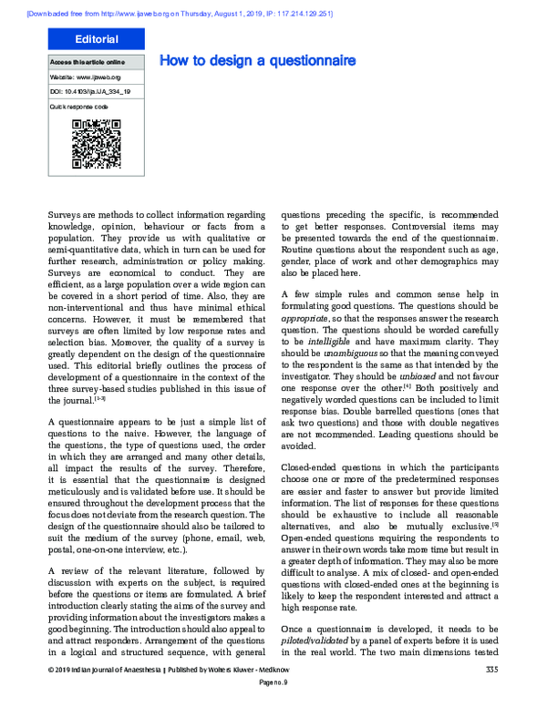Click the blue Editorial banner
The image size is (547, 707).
click(x=97, y=39)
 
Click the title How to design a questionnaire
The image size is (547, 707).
click(x=257, y=61)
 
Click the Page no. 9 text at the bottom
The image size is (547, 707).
click(x=273, y=692)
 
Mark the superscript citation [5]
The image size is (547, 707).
click(x=495, y=523)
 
